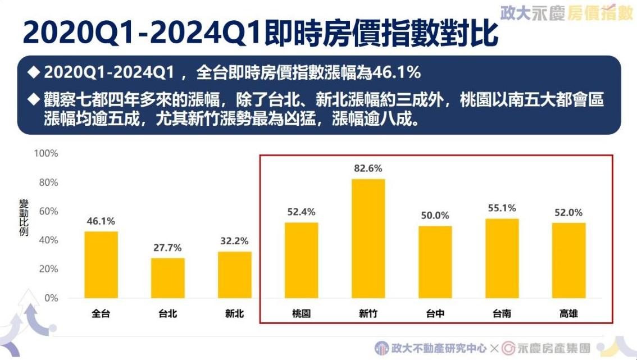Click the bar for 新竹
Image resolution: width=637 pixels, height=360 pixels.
tap(368, 239)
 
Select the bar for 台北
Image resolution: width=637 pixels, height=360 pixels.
tap(167, 278)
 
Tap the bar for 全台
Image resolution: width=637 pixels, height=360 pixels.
tap(101, 265)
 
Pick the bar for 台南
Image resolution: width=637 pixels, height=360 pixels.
tap(502, 258)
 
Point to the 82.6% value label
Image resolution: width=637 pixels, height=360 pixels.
tap(368, 168)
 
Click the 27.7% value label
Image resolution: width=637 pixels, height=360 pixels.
tap(167, 248)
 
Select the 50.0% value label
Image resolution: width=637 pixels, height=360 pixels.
tap(435, 216)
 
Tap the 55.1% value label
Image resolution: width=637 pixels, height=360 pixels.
tap(502, 208)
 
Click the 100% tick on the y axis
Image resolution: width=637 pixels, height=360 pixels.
tap(46, 153)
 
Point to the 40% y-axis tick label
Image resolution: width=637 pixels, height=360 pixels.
tap(48, 240)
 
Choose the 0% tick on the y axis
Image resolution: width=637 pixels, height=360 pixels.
tap(51, 298)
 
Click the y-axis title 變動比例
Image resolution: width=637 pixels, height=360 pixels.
tap(24, 217)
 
